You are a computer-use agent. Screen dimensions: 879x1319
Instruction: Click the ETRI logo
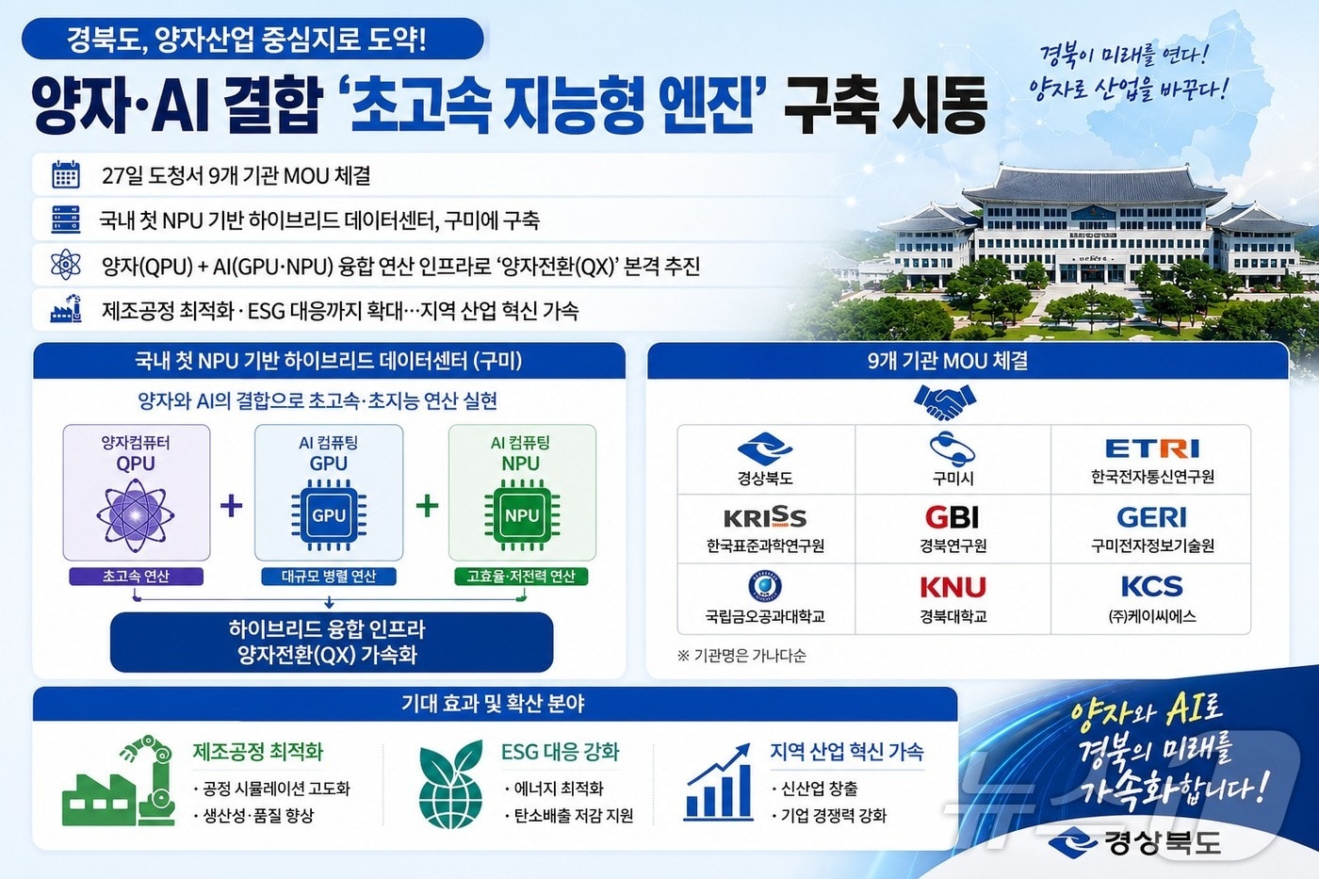1151,448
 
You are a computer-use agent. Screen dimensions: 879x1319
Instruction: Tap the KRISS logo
764,517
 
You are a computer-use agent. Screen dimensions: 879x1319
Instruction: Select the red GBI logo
953,517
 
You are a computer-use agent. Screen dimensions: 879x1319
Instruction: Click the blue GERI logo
1151,517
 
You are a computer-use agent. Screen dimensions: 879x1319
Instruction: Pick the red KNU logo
953,587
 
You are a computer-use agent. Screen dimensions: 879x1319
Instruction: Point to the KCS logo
1151,586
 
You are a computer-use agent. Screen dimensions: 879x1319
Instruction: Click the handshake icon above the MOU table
944,402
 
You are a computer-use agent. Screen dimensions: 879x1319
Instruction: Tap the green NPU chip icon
521,515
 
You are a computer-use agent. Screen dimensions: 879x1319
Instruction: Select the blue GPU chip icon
329,515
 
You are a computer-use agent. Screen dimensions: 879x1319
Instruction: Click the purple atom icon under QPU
136,515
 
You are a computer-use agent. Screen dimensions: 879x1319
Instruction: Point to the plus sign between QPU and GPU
232,506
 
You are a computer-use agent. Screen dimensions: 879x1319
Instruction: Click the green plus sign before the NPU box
427,506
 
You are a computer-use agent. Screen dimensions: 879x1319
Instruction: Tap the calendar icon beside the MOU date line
66,175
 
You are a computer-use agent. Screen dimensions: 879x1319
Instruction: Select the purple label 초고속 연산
136,577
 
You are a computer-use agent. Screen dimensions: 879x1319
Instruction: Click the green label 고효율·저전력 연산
521,577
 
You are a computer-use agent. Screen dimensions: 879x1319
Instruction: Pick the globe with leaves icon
450,784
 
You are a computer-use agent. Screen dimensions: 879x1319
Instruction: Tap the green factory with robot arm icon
120,782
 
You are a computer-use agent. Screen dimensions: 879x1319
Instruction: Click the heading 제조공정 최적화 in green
258,752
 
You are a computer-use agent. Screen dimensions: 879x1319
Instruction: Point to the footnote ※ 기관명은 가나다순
741,656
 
